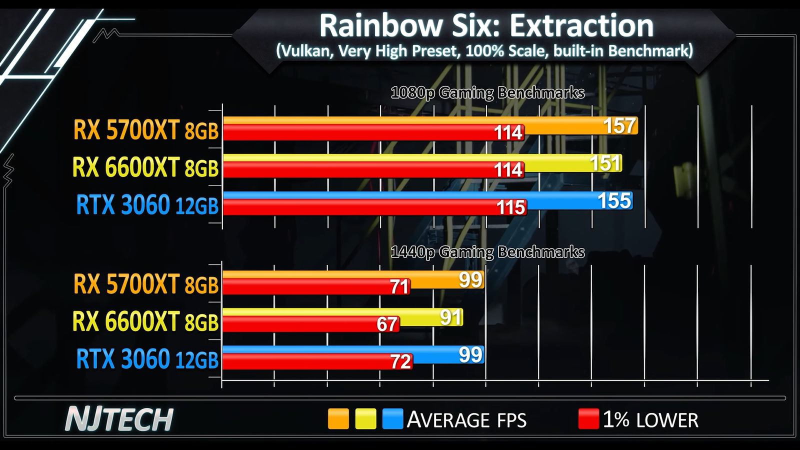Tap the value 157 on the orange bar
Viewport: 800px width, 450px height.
[619, 126]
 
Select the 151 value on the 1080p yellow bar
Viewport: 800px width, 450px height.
[605, 163]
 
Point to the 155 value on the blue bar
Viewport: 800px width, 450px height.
[614, 201]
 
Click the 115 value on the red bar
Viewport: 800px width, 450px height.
[510, 207]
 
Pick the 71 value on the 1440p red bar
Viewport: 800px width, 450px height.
[399, 287]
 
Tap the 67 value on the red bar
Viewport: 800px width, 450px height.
[387, 324]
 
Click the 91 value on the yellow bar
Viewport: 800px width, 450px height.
[450, 317]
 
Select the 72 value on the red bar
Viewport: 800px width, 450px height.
[400, 361]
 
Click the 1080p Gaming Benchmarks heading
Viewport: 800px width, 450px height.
[487, 93]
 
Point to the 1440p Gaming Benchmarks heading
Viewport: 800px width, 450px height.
[487, 252]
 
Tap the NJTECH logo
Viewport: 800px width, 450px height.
[119, 419]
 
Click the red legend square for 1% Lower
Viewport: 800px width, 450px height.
[588, 419]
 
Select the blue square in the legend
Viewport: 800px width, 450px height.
[392, 419]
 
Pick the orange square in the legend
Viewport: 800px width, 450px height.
[338, 419]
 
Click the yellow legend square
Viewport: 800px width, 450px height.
[365, 419]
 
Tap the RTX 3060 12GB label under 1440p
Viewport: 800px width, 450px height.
[147, 359]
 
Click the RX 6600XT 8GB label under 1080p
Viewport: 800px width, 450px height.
[145, 167]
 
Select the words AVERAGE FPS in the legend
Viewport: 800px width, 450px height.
[466, 419]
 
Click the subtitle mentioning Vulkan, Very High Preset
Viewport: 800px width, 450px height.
[484, 51]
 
